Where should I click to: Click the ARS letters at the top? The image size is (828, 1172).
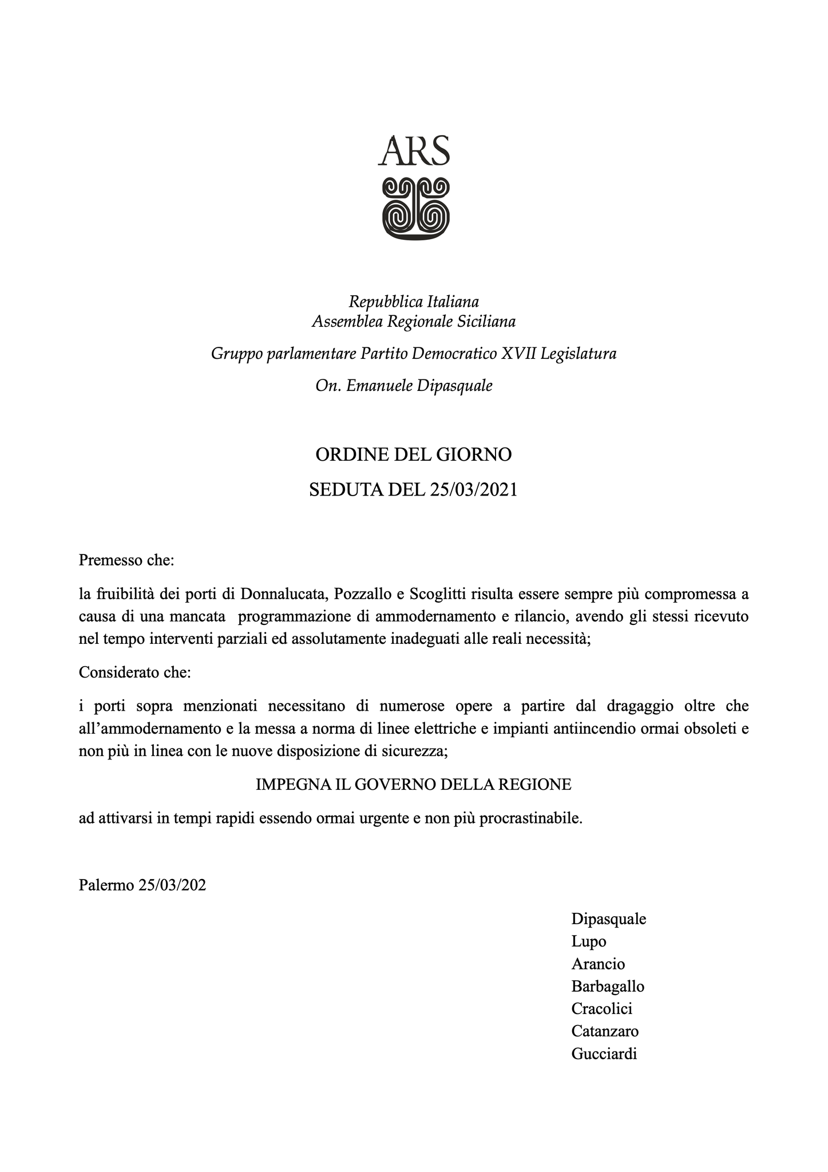[x=414, y=151]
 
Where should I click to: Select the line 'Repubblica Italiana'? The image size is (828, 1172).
[x=414, y=301]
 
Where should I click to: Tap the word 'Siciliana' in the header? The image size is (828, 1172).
[x=486, y=322]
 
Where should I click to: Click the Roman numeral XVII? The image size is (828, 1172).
[x=518, y=354]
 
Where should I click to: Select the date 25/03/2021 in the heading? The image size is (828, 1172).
[x=472, y=490]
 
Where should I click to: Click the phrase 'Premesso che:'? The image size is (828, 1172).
[x=126, y=560]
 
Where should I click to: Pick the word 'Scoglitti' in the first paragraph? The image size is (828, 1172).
[x=438, y=593]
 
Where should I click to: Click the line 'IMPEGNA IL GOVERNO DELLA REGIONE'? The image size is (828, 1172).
[x=413, y=785]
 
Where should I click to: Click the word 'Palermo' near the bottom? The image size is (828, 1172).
[x=106, y=886]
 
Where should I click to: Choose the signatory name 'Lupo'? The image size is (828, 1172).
[x=589, y=941]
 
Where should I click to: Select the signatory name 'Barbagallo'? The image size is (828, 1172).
[x=608, y=987]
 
